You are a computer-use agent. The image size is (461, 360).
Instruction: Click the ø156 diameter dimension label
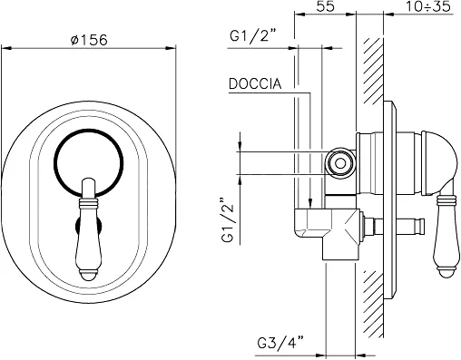[x=89, y=40]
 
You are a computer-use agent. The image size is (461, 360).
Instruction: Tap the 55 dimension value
[x=326, y=6]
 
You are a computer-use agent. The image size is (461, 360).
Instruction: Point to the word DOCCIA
[x=255, y=83]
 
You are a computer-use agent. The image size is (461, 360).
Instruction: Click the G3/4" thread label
[x=280, y=342]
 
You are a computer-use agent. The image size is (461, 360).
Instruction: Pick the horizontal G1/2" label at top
[x=253, y=36]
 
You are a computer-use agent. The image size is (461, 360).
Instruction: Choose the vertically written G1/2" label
[x=229, y=220]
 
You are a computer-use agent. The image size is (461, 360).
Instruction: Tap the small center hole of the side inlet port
[x=340, y=163]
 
